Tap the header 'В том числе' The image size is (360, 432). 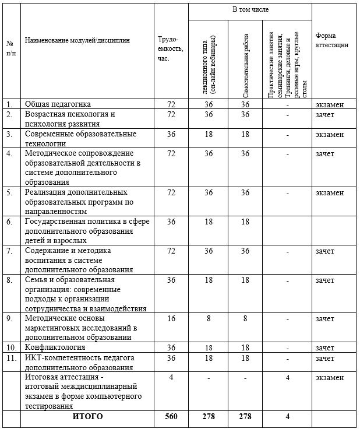pos(249,10)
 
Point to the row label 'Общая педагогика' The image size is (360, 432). pos(57,104)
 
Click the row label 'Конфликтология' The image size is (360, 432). pos(55,348)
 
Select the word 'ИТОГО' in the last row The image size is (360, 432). pos(87,417)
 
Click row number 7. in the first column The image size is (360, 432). pos(9,251)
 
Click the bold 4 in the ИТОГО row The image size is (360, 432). pos(288,417)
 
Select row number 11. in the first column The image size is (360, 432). pos(10,358)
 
